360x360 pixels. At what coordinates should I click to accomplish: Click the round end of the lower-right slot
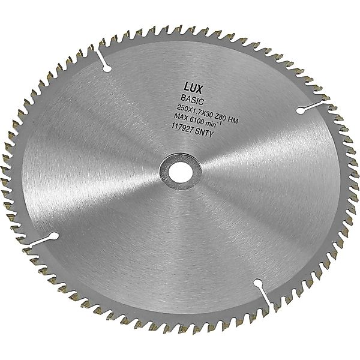pos(256,280)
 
